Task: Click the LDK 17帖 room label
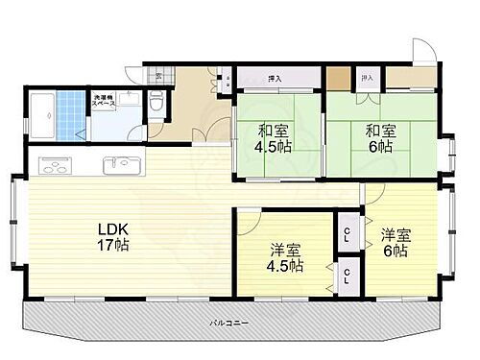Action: [113, 236]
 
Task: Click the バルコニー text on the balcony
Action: [231, 324]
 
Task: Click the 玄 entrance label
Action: [159, 75]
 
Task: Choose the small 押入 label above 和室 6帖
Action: [366, 77]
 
